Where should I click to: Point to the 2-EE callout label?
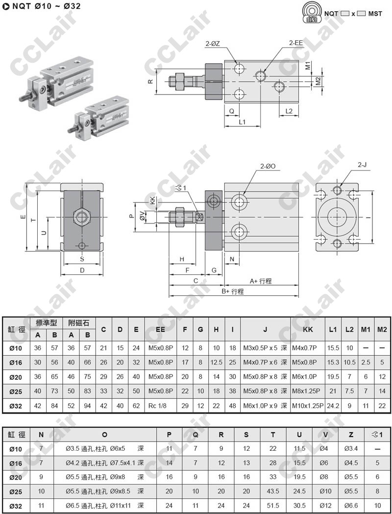point(296,43)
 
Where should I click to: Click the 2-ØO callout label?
point(268,166)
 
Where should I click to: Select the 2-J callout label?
point(362,165)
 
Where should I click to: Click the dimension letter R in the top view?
point(150,81)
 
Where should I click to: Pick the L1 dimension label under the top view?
point(242,122)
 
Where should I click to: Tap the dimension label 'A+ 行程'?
point(261,281)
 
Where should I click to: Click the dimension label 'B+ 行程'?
point(233,292)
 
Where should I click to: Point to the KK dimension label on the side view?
point(152,200)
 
